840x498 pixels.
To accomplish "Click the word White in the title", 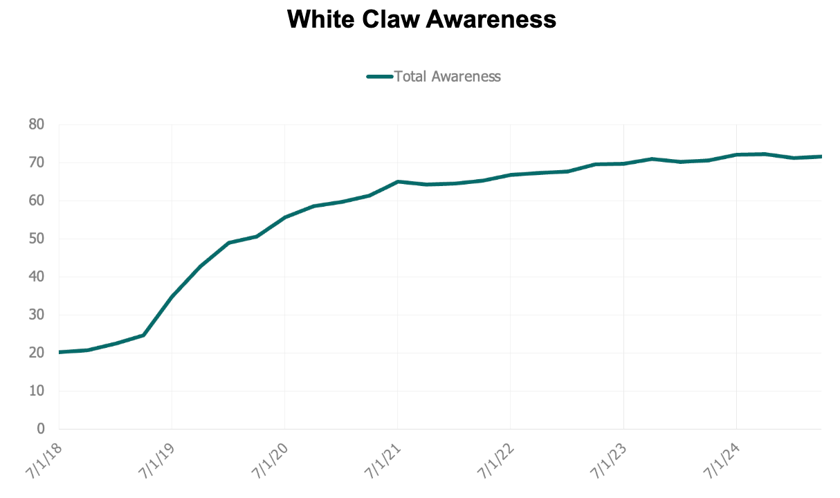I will coord(318,19).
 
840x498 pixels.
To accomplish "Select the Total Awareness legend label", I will coord(447,76).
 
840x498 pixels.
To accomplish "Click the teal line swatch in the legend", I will coord(380,77).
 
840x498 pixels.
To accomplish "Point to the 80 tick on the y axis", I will coord(36,125).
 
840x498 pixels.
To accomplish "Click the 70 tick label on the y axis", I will coord(36,163).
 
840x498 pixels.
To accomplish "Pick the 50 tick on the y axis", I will coord(36,239).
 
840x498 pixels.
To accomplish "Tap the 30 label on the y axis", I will coord(36,315).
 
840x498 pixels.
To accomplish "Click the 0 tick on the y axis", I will coord(40,430).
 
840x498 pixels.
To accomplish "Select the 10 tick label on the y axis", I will coord(36,391).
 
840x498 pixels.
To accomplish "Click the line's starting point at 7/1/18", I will coord(60,352).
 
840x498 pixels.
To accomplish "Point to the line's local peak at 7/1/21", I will coord(397,181).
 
